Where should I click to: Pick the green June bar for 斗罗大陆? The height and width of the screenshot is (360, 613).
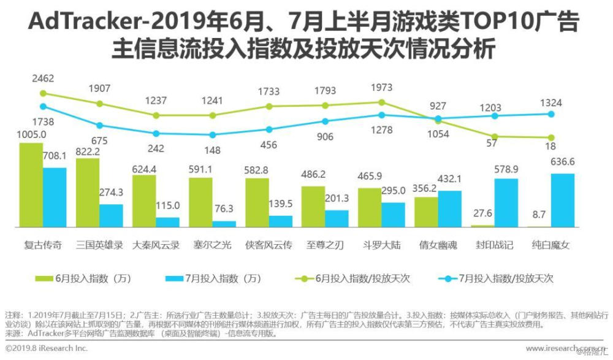pos(370,208)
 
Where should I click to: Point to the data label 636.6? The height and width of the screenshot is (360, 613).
pos(563,163)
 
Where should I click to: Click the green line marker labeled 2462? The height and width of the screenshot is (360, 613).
pos(42,93)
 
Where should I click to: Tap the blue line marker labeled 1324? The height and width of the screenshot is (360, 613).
pos(551,114)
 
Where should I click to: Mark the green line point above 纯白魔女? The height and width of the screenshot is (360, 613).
pos(551,137)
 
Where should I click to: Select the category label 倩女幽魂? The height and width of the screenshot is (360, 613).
pos(438,245)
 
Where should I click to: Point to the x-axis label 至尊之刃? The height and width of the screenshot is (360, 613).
pos(325,245)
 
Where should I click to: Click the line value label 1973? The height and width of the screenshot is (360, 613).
pos(381,88)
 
